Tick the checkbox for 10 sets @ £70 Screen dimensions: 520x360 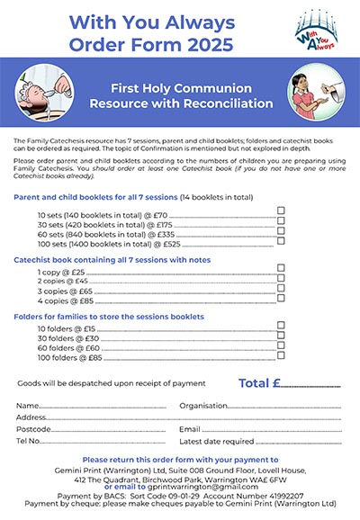pos(282,211)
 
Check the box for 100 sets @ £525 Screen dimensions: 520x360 pos(282,240)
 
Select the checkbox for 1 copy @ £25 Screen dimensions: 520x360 pos(282,269)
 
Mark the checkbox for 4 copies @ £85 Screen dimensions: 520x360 pos(282,299)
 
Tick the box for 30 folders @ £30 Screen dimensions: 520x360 pos(282,337)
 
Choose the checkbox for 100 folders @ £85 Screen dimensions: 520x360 pos(282,357)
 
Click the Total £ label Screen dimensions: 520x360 pos(255,384)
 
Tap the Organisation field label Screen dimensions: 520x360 pos(202,406)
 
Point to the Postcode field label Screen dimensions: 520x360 pos(33,429)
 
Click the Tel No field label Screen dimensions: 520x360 pos(29,442)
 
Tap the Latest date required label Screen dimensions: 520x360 pos(217,442)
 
